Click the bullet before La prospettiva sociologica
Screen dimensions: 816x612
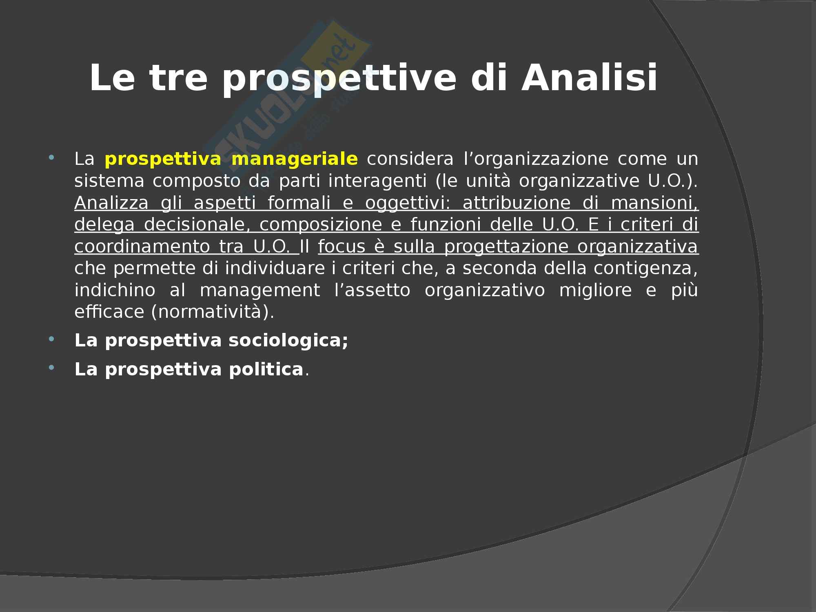pos(51,339)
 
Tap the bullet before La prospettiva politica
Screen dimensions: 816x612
pos(51,368)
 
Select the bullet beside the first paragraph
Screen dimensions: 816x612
pos(51,157)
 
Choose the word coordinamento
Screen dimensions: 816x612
pos(140,247)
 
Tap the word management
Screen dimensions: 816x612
pos(259,291)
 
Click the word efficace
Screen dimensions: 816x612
pos(109,313)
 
